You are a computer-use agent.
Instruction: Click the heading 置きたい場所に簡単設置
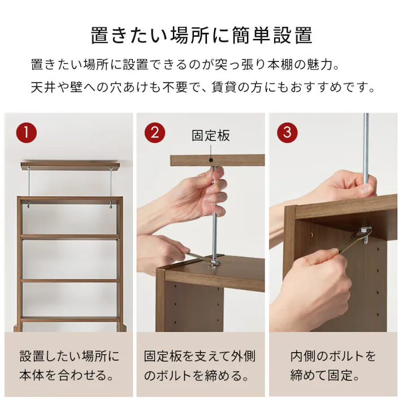[x=201, y=35]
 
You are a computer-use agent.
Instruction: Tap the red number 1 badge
[x=26, y=133]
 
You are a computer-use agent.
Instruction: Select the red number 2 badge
[x=155, y=133]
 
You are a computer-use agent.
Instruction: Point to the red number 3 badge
[x=287, y=133]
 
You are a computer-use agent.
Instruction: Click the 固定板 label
[x=211, y=136]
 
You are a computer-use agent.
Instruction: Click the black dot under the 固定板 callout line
[x=211, y=161]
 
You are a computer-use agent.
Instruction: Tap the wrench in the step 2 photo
[x=195, y=258]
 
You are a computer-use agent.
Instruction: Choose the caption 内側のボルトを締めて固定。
[x=333, y=366]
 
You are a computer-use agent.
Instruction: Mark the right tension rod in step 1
[x=111, y=184]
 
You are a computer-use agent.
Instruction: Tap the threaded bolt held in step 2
[x=215, y=226]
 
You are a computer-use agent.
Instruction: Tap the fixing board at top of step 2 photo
[x=218, y=160]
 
